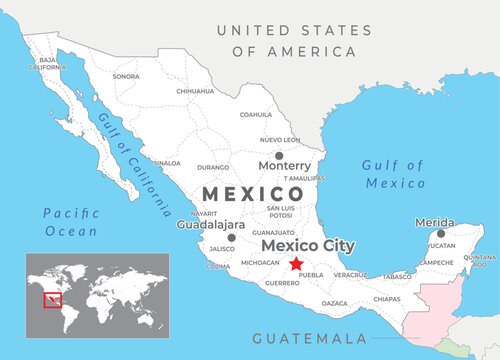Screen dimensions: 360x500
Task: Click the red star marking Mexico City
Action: point(295,264)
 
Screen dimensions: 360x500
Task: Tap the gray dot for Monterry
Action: point(278,155)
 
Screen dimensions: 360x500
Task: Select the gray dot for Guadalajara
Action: point(231,238)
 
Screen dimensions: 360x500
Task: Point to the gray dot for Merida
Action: point(440,233)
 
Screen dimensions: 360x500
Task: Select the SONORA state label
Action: point(126,76)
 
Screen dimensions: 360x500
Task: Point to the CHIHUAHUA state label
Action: point(195,91)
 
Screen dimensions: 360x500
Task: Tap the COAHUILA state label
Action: point(256,115)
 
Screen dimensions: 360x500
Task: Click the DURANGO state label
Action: point(213,168)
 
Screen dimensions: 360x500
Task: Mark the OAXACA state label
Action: point(335,302)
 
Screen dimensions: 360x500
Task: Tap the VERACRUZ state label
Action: point(350,274)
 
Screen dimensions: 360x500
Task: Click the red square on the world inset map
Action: point(50,299)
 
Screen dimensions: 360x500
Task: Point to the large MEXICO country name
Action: point(254,193)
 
